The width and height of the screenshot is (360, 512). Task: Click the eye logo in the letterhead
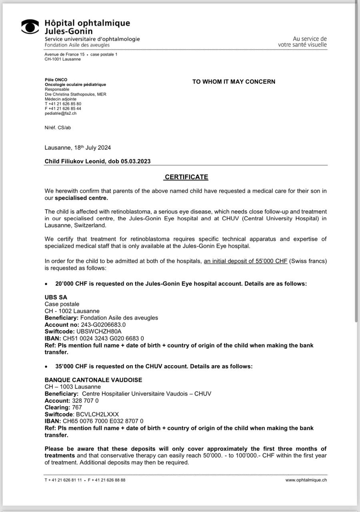click(30, 26)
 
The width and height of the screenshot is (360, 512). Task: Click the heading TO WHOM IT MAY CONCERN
click(234, 82)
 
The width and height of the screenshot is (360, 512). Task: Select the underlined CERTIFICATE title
click(186, 177)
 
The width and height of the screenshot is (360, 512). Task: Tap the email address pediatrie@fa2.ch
click(60, 113)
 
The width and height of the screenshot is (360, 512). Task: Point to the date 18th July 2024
click(92, 148)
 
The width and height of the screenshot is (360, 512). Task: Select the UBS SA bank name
click(56, 297)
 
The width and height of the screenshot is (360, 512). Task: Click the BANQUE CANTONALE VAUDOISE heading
click(93, 380)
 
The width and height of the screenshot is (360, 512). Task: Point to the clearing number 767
click(77, 408)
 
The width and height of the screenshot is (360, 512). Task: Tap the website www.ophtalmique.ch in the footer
click(306, 480)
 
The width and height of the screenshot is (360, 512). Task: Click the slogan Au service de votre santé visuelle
click(302, 42)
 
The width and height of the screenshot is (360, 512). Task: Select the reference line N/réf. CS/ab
click(58, 128)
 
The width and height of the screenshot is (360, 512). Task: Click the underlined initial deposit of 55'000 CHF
click(246, 262)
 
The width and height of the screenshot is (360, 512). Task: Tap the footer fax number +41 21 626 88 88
click(107, 480)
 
